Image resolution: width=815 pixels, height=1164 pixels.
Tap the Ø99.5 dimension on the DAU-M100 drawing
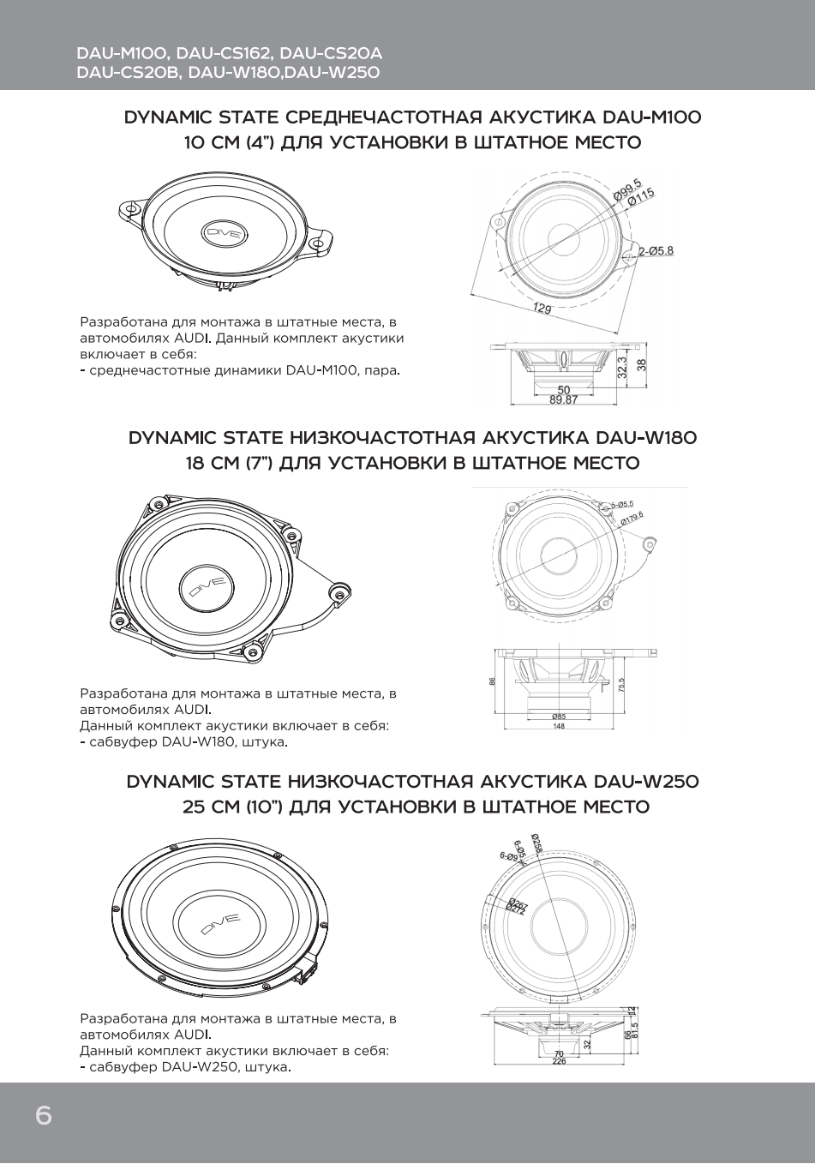[x=627, y=191]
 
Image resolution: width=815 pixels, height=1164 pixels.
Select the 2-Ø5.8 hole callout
[x=656, y=251]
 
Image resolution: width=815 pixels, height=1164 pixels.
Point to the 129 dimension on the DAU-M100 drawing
[x=542, y=309]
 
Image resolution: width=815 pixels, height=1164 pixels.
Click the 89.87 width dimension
[x=563, y=399]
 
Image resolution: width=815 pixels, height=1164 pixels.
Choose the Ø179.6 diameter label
[x=631, y=517]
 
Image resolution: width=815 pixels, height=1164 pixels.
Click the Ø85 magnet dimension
[x=559, y=716]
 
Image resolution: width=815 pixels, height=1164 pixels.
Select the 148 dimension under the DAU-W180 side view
[x=559, y=727]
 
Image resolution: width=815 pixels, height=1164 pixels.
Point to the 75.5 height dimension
[x=620, y=686]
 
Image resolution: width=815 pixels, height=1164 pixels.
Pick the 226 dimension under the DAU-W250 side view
[x=559, y=1061]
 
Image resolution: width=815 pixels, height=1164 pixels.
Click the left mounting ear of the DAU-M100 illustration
[x=129, y=208]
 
